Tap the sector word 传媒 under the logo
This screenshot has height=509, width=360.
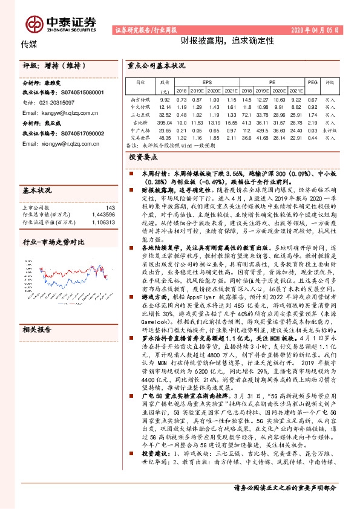(x=30, y=45)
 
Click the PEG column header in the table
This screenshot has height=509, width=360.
(x=312, y=80)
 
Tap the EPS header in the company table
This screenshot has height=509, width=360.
(x=206, y=80)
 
